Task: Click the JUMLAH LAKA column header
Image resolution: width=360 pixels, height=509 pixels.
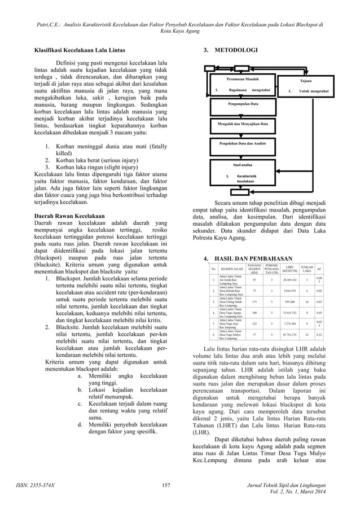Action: click(308, 268)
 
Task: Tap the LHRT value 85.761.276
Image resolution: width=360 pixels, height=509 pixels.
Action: click(290, 335)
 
